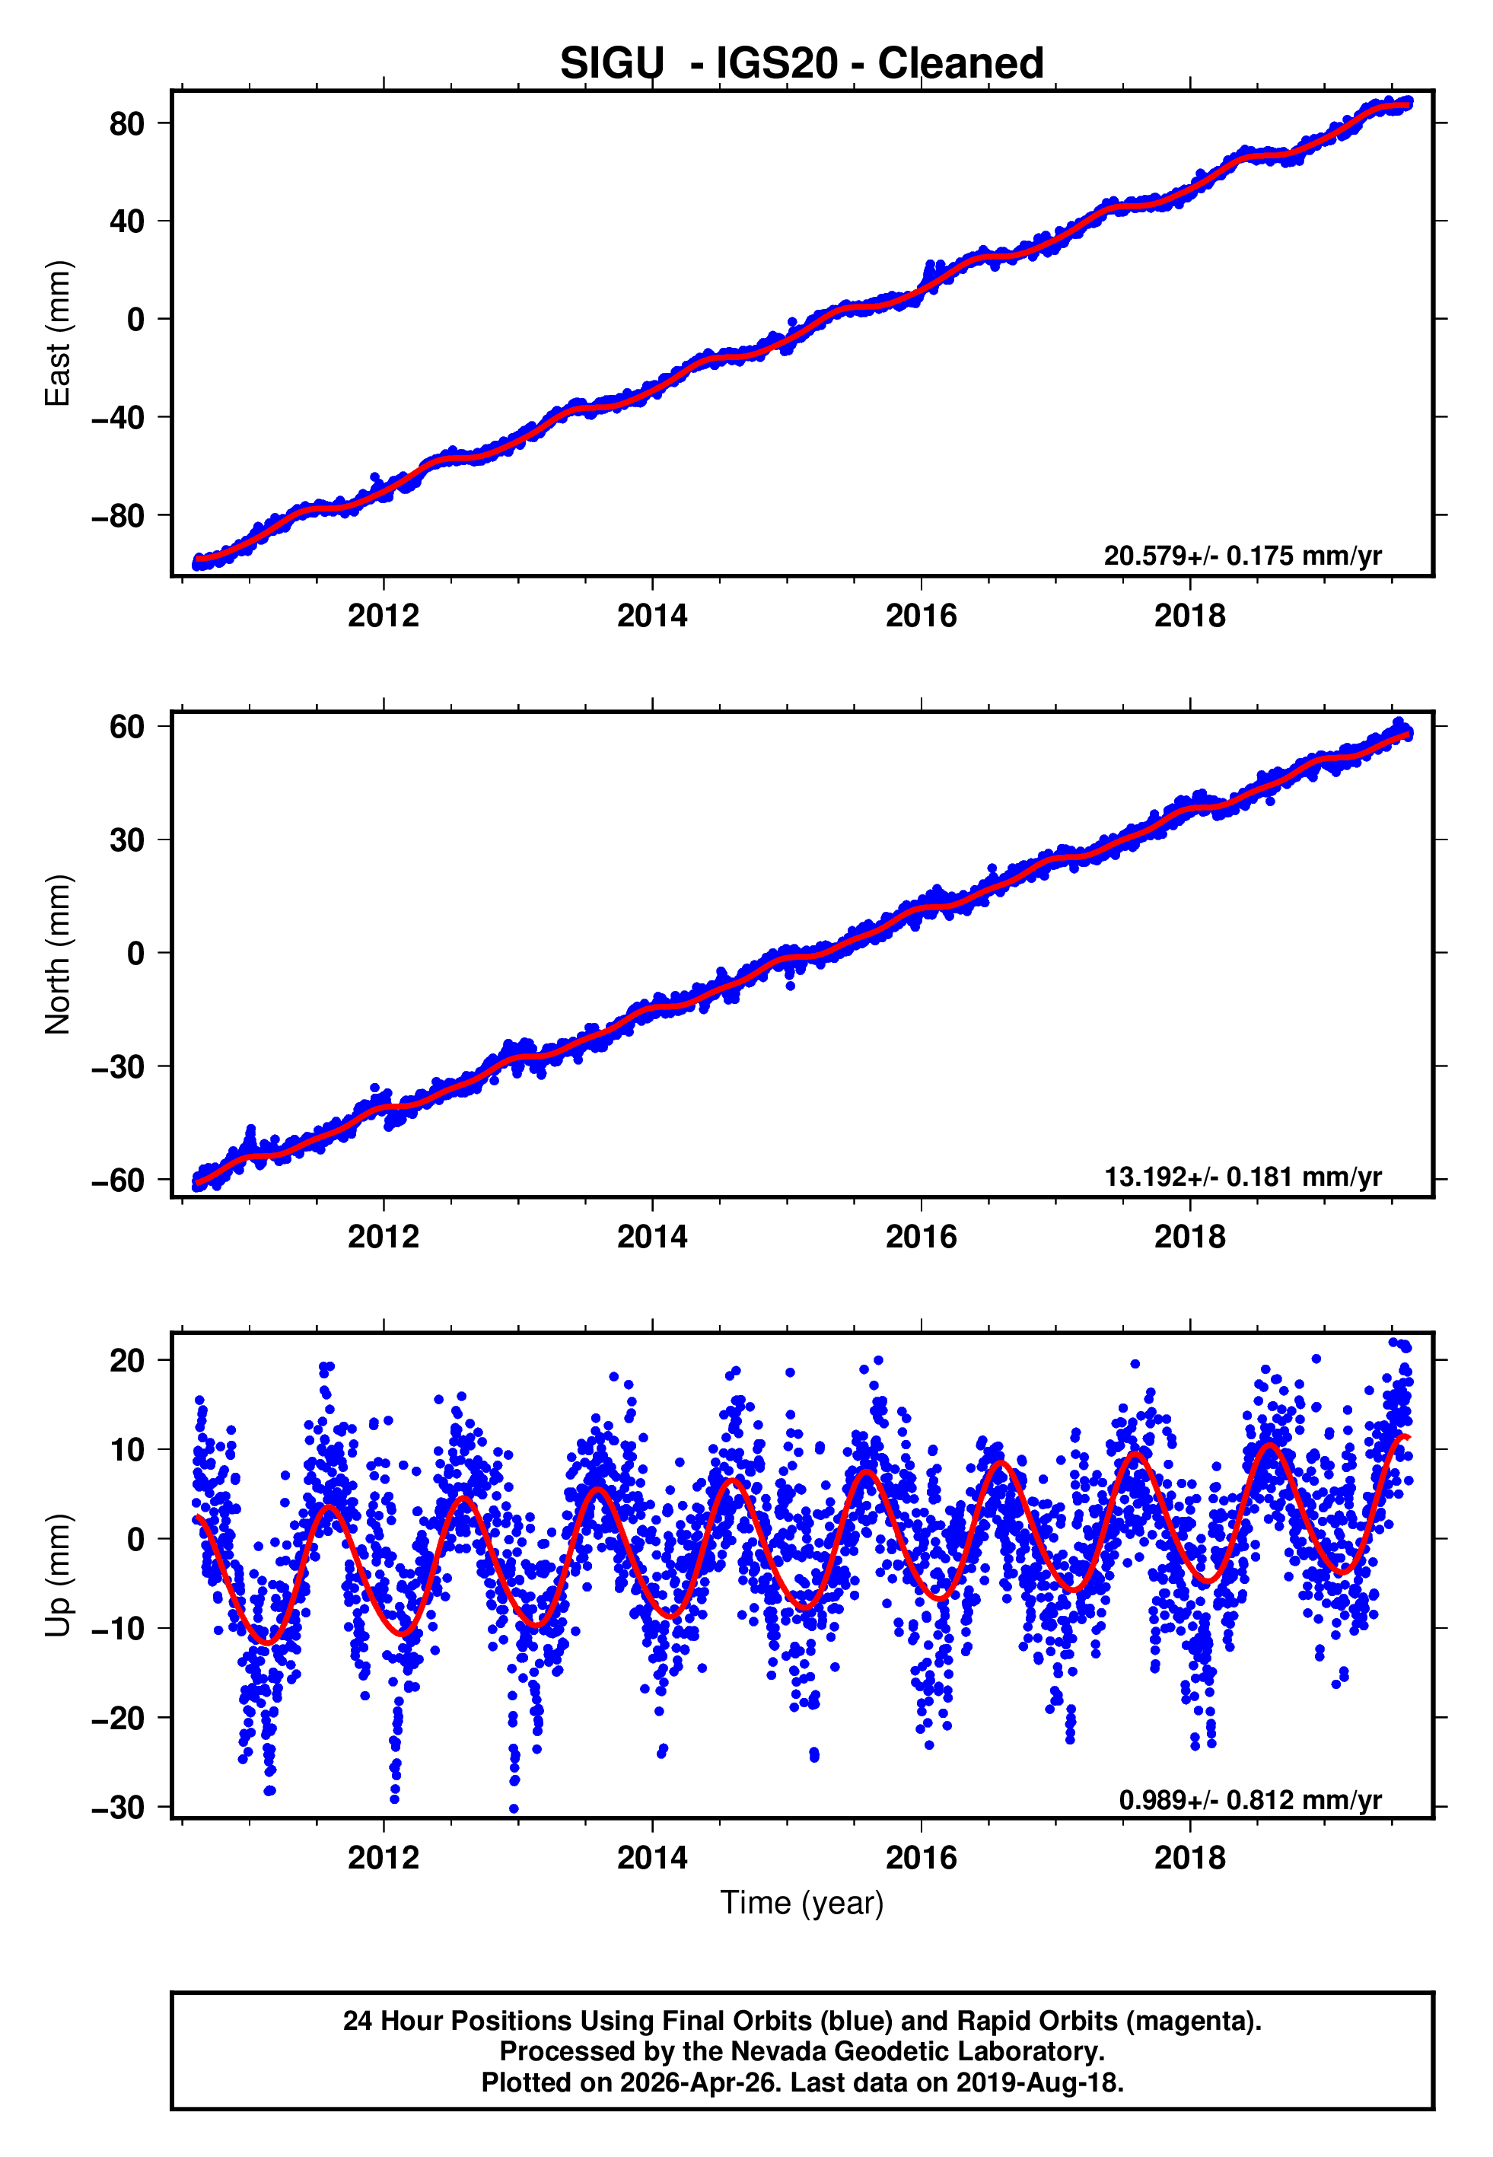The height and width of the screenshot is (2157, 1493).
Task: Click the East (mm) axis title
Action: coord(58,333)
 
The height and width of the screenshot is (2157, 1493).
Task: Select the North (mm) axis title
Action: coord(58,954)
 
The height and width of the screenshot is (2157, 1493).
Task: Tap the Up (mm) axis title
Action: coord(58,1576)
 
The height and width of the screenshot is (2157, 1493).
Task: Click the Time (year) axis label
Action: coord(802,1903)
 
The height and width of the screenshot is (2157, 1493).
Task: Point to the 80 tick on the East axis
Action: coord(126,123)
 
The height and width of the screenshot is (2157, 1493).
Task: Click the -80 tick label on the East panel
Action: coord(118,515)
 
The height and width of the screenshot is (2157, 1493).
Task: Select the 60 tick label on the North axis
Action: coord(126,727)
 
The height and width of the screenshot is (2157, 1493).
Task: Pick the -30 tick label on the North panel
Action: coord(118,1066)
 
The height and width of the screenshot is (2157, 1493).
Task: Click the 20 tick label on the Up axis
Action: coord(126,1361)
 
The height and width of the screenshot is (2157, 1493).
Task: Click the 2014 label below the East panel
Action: coord(652,617)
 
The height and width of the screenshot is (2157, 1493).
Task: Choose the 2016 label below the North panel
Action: coord(921,1238)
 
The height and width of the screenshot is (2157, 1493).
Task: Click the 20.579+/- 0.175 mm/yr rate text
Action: coord(1243,556)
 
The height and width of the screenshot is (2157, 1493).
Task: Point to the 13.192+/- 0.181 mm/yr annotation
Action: coord(1243,1177)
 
